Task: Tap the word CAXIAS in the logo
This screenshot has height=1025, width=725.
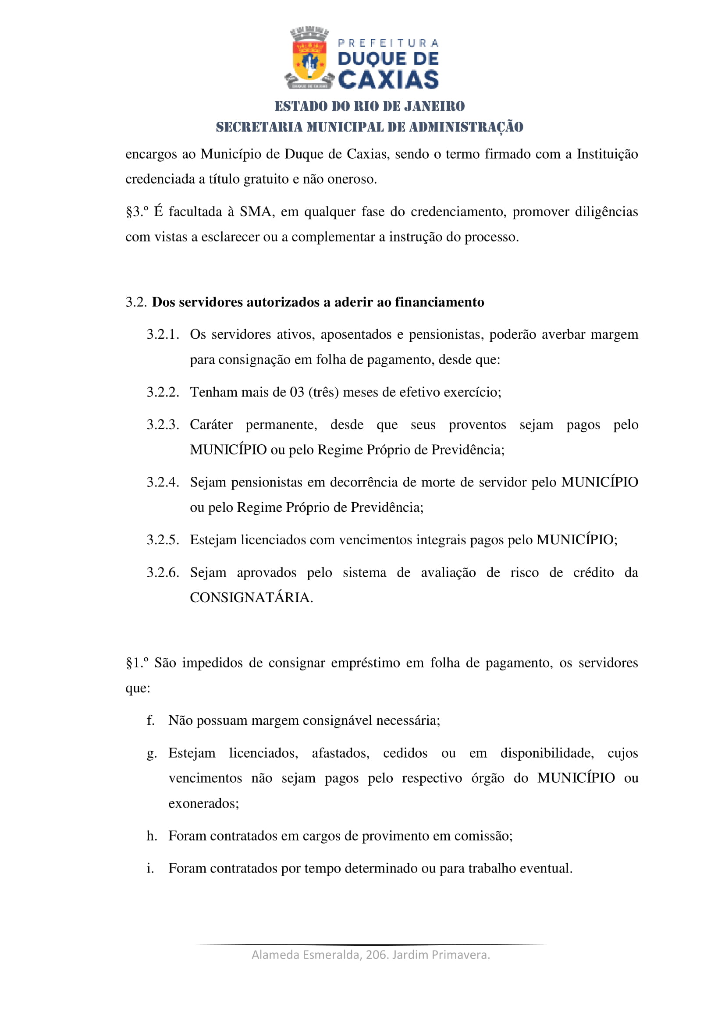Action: click(x=388, y=79)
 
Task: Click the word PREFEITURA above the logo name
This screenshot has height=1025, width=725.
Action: click(x=388, y=43)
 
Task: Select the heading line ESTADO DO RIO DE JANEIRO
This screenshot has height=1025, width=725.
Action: click(x=370, y=106)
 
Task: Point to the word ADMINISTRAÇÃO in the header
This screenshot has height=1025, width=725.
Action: click(x=466, y=127)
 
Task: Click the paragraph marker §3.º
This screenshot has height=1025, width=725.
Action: click(x=137, y=211)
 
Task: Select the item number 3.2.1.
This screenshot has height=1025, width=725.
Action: click(x=163, y=334)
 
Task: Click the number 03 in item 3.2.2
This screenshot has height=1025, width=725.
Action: click(x=297, y=392)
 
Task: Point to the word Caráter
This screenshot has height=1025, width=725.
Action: click(x=211, y=425)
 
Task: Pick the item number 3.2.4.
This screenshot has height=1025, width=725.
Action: click(x=163, y=482)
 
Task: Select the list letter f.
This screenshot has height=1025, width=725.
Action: click(x=150, y=720)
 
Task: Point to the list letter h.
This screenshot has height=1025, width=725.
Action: click(x=151, y=836)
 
